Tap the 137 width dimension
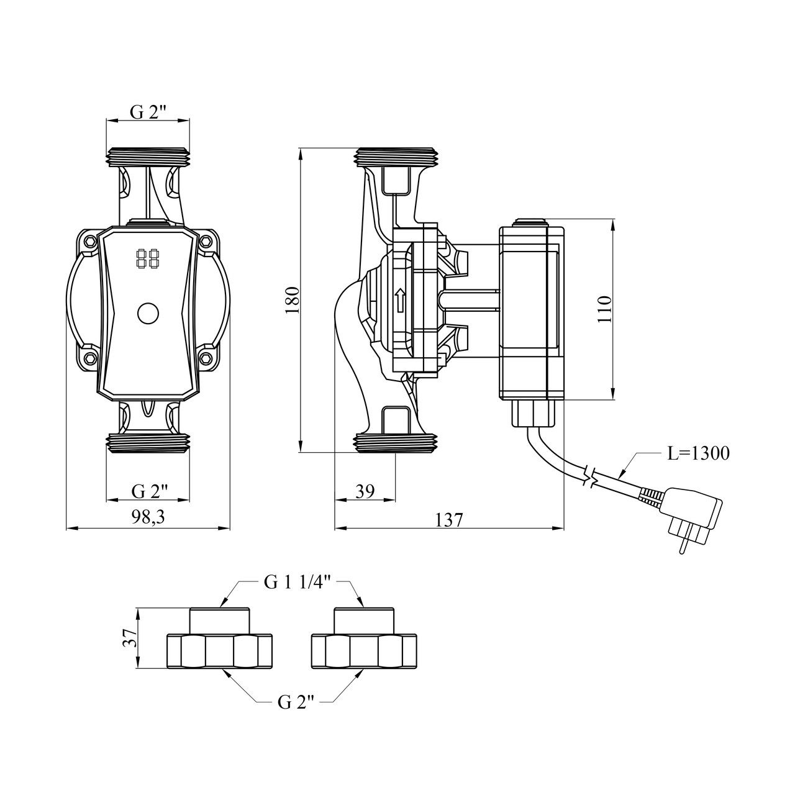click(448, 519)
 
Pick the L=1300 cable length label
click(699, 453)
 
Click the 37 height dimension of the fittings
click(129, 638)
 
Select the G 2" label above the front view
click(148, 112)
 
